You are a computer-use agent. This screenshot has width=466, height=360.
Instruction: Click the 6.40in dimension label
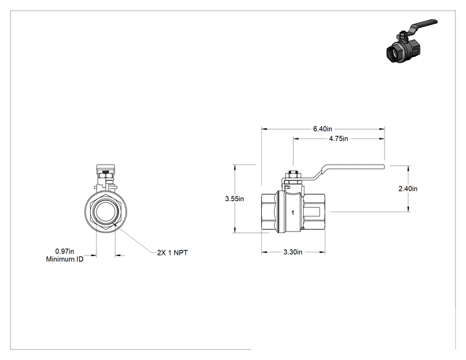[323, 129]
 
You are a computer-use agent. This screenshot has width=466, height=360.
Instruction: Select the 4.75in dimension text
[338, 139]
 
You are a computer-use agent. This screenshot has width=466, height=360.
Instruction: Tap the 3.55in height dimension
[234, 198]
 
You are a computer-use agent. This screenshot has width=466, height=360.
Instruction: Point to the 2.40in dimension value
[408, 188]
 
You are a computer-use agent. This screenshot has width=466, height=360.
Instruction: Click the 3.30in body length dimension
[293, 252]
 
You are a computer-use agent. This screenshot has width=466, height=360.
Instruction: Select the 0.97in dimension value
[65, 252]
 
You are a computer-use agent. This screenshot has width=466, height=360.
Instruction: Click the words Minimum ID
[65, 259]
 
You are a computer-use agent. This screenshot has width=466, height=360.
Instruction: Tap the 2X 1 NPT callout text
[172, 253]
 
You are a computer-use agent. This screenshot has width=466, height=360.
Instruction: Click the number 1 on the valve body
[293, 213]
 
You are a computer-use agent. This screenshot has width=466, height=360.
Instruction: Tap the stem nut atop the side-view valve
[293, 175]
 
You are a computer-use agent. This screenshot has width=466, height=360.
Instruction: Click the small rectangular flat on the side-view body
[312, 212]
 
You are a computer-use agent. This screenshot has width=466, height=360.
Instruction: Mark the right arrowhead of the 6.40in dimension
[381, 129]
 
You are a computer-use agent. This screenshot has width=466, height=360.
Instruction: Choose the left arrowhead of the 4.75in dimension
[296, 139]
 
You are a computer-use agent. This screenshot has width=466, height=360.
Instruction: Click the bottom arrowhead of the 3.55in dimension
[236, 230]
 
